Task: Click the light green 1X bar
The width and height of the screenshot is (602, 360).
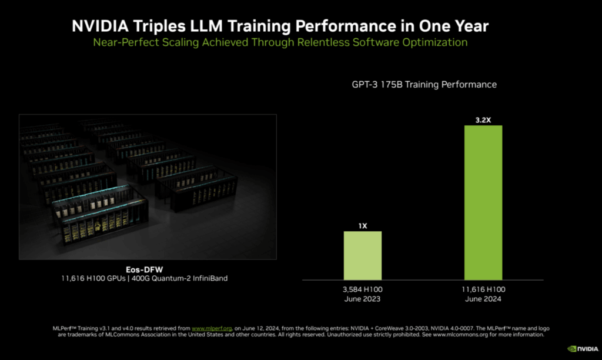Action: (x=362, y=255)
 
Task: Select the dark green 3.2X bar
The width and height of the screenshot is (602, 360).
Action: (x=483, y=202)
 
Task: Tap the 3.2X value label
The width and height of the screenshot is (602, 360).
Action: (x=483, y=119)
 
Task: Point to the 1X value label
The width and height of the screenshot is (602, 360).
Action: (x=362, y=225)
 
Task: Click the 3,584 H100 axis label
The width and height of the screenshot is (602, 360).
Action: (x=362, y=289)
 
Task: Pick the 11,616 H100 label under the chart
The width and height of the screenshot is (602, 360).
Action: (x=483, y=289)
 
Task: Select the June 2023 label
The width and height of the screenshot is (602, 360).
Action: (x=362, y=299)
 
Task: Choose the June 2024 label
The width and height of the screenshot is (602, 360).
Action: (x=483, y=299)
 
